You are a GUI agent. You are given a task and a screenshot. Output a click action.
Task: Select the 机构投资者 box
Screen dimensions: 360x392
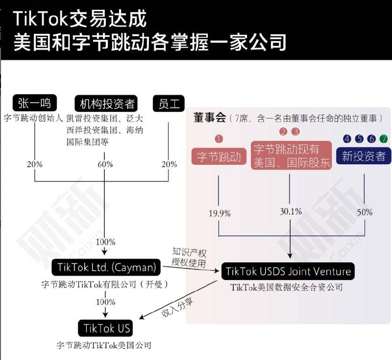pos(107,103)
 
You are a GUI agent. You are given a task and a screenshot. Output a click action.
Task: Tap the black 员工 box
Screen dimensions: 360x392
pos(169,103)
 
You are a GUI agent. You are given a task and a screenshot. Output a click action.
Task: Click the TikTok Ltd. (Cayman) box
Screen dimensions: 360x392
pos(106,267)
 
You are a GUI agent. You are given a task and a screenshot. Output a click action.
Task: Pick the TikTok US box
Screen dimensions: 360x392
pos(106,328)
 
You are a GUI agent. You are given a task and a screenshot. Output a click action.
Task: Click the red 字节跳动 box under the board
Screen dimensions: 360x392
pos(219,156)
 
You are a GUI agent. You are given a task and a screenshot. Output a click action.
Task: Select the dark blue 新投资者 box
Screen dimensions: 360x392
pos(364,156)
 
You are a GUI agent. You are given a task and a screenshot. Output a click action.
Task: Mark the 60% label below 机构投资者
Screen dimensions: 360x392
pos(105,164)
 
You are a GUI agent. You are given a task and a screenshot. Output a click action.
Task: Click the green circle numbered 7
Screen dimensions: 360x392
pos(383,139)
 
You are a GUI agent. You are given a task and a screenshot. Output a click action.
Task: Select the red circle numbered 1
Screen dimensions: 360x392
pos(219,139)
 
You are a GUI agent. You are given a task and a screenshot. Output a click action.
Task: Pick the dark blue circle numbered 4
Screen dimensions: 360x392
pos(347,139)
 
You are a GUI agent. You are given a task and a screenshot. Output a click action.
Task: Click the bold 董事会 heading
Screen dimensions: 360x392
pos(209,118)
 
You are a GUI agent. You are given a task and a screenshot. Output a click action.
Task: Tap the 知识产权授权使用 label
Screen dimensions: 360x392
pos(189,258)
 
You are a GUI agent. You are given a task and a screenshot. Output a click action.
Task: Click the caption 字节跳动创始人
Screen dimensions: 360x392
pos(33,118)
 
